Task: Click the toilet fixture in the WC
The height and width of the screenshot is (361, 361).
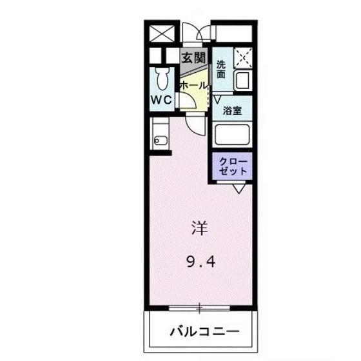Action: pos(162,78)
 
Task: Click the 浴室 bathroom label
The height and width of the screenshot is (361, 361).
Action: pos(232,110)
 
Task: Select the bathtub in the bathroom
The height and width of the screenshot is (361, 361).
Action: pos(232,135)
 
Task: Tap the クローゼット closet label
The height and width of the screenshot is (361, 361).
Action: pos(231,166)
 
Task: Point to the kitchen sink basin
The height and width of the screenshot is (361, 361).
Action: pos(161,141)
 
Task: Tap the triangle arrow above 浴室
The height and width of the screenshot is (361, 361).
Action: pos(218,99)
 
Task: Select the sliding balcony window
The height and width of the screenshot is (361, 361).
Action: pos(200,307)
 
